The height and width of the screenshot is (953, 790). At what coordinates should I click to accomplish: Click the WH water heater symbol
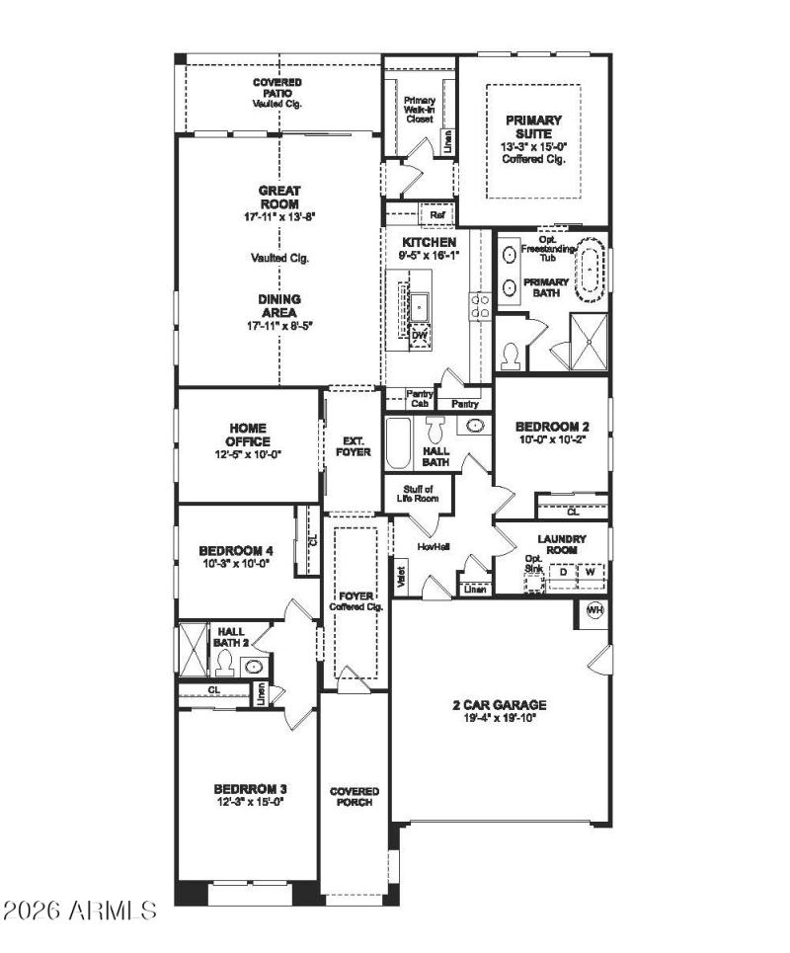(594, 608)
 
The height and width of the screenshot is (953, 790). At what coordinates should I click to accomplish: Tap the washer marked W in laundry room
(591, 572)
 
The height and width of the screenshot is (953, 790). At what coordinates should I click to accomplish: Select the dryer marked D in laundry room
(564, 572)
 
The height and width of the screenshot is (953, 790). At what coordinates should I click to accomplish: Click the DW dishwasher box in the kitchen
(420, 335)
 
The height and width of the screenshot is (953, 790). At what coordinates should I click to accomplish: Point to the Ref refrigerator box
(436, 213)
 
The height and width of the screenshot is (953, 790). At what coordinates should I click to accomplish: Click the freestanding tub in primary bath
(592, 269)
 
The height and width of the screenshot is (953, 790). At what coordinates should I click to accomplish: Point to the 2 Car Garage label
(500, 705)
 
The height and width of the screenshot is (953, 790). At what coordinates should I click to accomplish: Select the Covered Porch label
(354, 798)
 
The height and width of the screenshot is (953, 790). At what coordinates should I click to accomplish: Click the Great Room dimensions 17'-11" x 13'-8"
(278, 215)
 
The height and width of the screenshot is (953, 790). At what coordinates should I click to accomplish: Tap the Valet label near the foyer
(401, 577)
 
